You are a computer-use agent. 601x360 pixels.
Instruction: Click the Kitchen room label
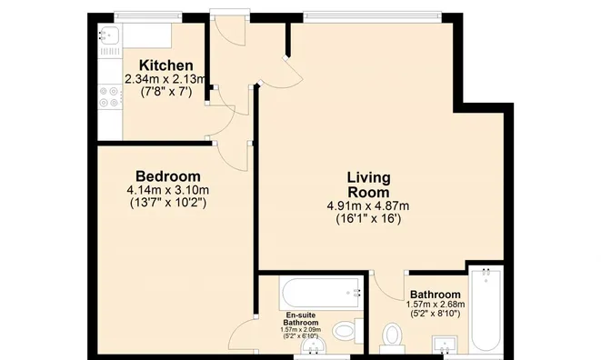point(166,65)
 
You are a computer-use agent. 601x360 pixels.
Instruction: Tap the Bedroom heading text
point(168,176)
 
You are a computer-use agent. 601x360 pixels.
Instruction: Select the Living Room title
point(368,185)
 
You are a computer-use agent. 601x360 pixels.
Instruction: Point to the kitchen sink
point(110,35)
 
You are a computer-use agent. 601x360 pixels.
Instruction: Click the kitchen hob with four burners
point(110,97)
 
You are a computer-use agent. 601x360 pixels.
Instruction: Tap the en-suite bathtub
point(322,294)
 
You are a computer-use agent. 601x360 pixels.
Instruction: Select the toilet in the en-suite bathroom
point(347,331)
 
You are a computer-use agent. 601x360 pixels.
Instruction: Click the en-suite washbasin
point(314,346)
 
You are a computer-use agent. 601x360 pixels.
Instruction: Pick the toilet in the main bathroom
point(392,338)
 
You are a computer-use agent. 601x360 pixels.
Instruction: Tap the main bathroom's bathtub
point(486,310)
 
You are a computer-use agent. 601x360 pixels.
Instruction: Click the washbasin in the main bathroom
point(445,345)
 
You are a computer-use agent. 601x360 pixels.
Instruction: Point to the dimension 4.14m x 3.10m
point(168,190)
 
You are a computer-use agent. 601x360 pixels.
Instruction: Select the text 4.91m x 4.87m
point(368,206)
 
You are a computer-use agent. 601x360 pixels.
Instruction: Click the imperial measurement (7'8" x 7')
point(166,92)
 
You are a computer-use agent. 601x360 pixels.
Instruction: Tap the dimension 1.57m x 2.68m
point(436,305)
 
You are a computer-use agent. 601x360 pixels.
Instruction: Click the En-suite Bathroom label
point(301,319)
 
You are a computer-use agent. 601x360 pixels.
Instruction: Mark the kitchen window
point(148,15)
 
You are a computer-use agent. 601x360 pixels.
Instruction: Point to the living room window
point(372,15)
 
